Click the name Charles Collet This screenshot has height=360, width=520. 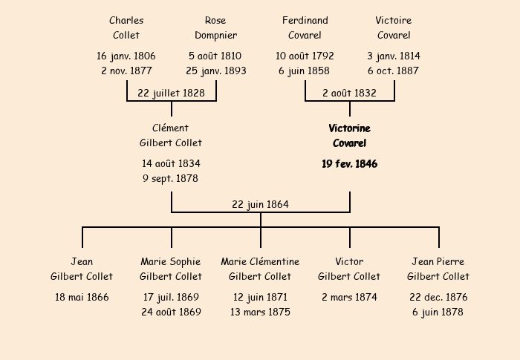[126, 27]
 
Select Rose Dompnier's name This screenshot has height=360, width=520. [215, 27]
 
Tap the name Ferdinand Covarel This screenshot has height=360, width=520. [305, 27]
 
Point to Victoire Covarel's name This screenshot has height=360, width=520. [394, 27]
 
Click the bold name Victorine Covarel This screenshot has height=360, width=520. [349, 135]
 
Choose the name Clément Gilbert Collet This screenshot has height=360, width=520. [171, 135]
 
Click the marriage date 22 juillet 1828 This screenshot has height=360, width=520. [172, 93]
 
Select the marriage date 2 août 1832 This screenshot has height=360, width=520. [349, 93]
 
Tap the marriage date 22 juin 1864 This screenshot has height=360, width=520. [260, 204]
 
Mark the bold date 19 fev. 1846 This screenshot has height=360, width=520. [349, 164]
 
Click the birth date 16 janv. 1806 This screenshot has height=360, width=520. [126, 56]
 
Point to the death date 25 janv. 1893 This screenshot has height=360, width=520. [215, 71]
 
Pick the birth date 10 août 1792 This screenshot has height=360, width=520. [305, 56]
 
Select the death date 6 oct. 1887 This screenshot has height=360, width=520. [394, 71]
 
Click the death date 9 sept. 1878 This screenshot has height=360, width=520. [171, 178]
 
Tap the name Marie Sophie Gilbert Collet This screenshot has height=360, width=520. [171, 269]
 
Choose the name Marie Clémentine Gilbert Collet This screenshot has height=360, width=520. [260, 269]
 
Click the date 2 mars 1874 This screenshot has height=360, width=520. [349, 297]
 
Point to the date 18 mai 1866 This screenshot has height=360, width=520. [82, 297]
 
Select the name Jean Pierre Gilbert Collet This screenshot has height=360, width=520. [438, 269]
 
